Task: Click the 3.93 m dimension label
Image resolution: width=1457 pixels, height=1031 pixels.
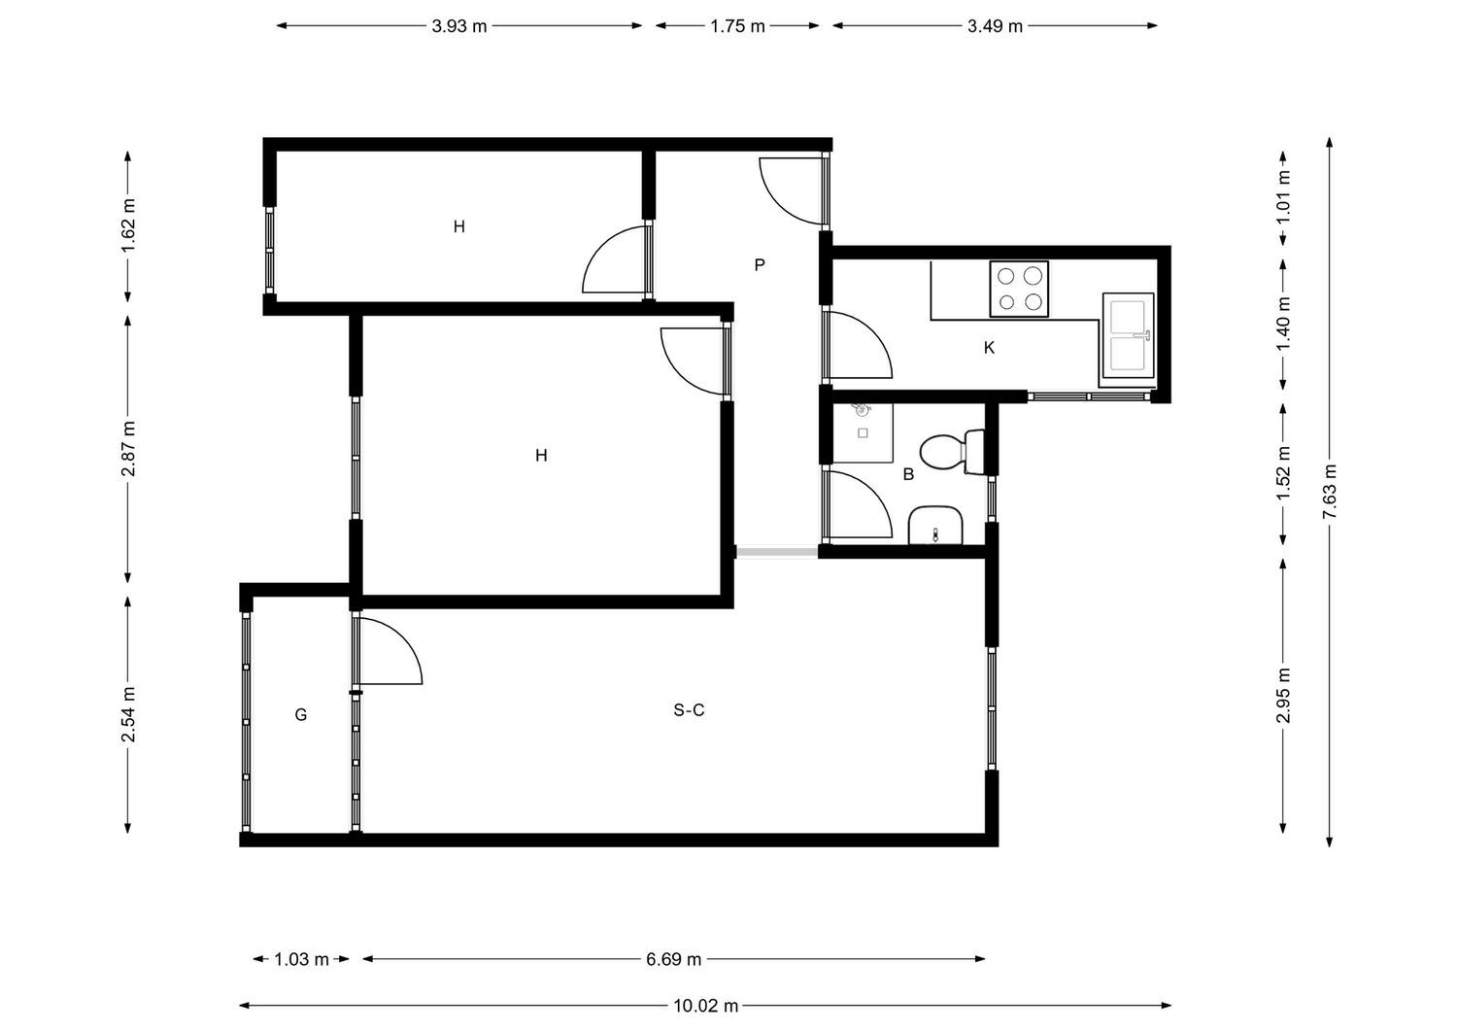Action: [459, 26]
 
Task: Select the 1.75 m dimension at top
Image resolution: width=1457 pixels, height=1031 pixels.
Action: [737, 26]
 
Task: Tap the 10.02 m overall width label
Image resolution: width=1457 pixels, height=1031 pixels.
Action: [706, 1006]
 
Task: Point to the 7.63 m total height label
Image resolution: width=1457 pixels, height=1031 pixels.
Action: [1329, 492]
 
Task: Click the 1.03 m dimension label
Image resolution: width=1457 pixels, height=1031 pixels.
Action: [301, 959]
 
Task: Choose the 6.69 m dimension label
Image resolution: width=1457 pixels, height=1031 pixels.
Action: [674, 959]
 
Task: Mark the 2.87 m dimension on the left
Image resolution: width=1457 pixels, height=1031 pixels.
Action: [128, 449]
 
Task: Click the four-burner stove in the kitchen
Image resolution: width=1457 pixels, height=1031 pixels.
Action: [1019, 289]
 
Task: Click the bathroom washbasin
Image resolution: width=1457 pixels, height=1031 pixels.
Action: [935, 526]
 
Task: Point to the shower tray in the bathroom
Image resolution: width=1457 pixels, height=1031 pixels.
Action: [864, 432]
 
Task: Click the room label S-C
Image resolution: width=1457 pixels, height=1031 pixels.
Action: [689, 710]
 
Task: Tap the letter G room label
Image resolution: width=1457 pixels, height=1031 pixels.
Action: [300, 714]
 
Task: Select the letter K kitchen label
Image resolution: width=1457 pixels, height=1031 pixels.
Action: [989, 348]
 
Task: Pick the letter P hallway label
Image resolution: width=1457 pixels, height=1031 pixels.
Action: [759, 265]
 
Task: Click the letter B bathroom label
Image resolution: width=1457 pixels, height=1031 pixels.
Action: [908, 474]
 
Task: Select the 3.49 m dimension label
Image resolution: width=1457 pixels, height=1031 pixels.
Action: [996, 26]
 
